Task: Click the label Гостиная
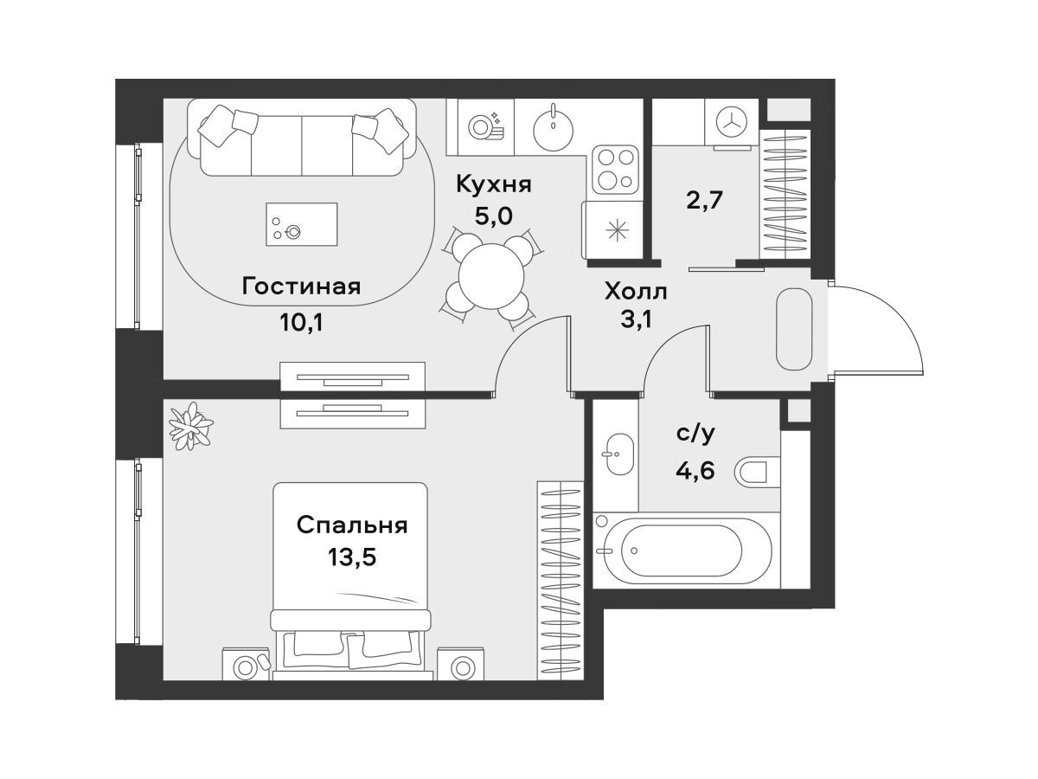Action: (301, 287)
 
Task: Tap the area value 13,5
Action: (352, 557)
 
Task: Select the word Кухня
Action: (494, 185)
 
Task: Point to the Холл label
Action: (636, 292)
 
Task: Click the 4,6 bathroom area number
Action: (695, 471)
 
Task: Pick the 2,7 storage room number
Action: (704, 201)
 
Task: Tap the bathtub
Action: (686, 551)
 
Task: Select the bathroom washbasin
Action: (619, 454)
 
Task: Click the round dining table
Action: (491, 277)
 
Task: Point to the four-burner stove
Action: (615, 169)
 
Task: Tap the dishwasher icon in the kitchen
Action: (485, 126)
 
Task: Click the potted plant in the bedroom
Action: (190, 427)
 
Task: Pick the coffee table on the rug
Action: (302, 224)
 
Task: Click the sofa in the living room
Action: (302, 138)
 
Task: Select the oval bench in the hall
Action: (794, 329)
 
